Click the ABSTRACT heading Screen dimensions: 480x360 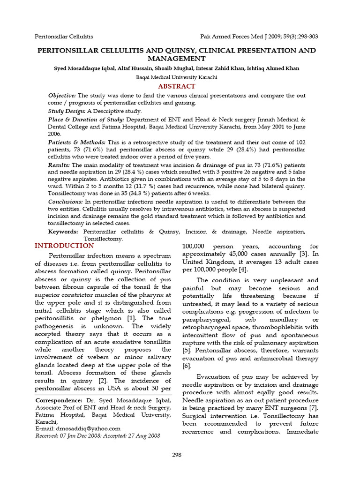pyautogui.click(x=176, y=86)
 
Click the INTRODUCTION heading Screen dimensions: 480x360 pyautogui.click(x=64, y=246)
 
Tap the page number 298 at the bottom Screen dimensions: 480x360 pyautogui.click(x=176, y=455)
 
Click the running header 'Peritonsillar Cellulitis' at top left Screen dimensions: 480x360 pyautogui.click(x=64, y=36)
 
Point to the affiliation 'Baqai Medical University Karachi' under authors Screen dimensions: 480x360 pyautogui.click(x=176, y=77)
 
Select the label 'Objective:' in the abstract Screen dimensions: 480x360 pyautogui.click(x=62, y=96)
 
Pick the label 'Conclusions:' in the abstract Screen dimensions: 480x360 pyautogui.click(x=66, y=202)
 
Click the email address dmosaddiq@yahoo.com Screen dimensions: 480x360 pyautogui.click(x=88, y=428)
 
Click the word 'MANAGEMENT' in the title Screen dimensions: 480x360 pyautogui.click(x=176, y=59)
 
